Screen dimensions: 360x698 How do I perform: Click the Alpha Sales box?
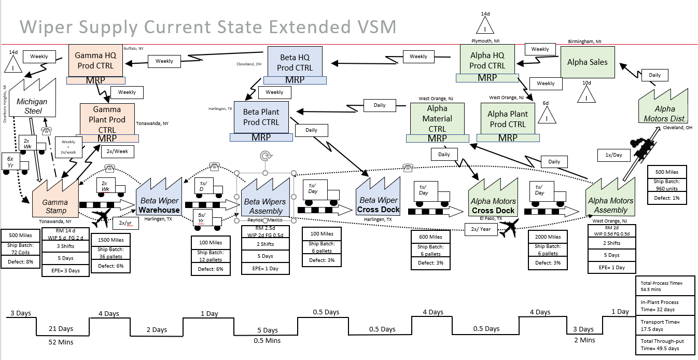(x=587, y=62)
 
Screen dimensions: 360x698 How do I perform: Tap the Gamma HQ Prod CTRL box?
(x=96, y=60)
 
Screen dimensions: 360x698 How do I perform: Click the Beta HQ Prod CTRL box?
(x=295, y=62)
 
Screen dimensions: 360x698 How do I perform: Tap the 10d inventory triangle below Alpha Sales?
(x=587, y=94)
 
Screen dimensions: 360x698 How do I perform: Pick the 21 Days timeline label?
(x=61, y=329)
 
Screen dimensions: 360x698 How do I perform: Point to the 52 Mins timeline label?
(x=61, y=342)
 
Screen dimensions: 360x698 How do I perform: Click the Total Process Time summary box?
(x=664, y=286)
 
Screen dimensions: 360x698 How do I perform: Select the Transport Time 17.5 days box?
(x=664, y=325)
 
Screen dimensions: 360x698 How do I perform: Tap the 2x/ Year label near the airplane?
(x=481, y=229)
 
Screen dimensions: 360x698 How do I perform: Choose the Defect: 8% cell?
(x=20, y=262)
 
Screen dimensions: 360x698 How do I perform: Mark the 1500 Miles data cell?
(x=110, y=240)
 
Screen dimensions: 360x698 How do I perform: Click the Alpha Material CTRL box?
(x=437, y=119)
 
